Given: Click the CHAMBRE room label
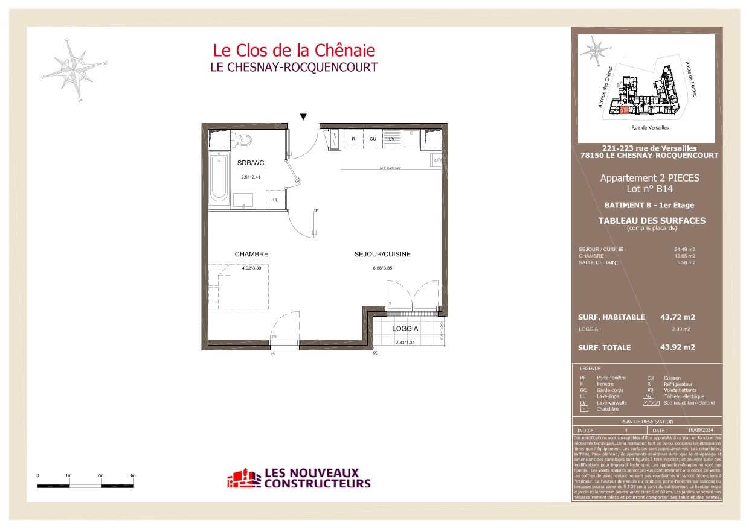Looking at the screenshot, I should (x=251, y=255).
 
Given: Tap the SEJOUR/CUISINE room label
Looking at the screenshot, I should (x=382, y=255).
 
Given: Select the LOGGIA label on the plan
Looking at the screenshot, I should (x=405, y=329).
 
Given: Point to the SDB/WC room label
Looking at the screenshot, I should (x=251, y=163).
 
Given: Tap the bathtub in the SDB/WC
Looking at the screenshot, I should (x=219, y=179).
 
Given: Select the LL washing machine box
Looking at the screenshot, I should (x=275, y=200).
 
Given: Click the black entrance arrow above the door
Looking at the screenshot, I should (x=304, y=116).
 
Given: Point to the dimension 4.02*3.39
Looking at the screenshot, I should (x=251, y=268).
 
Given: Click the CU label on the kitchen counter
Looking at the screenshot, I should (x=373, y=139).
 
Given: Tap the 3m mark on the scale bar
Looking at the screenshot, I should (x=133, y=476).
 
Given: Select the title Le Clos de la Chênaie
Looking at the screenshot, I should (x=294, y=50).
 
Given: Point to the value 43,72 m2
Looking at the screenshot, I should (x=678, y=317).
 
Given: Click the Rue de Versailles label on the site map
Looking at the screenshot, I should (x=649, y=128).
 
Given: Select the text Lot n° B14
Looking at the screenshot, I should (x=649, y=189).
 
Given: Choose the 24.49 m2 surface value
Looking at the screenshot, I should (x=684, y=249).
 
